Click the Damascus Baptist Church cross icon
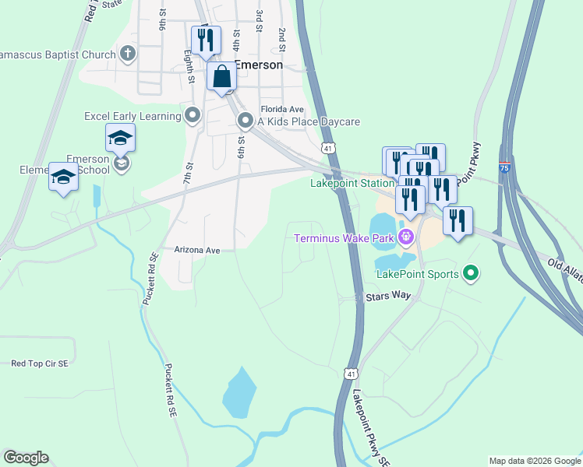[x=129, y=54]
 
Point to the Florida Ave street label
[x=281, y=110]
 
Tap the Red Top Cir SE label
[x=40, y=363]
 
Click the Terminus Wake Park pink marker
[x=405, y=237]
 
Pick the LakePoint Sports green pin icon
[x=470, y=273]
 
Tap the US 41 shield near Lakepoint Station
[x=328, y=147]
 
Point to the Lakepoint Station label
[x=352, y=184]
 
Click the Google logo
[x=26, y=458]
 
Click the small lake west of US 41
[x=239, y=391]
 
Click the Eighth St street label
[x=189, y=68]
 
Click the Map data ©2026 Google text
[x=534, y=461]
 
